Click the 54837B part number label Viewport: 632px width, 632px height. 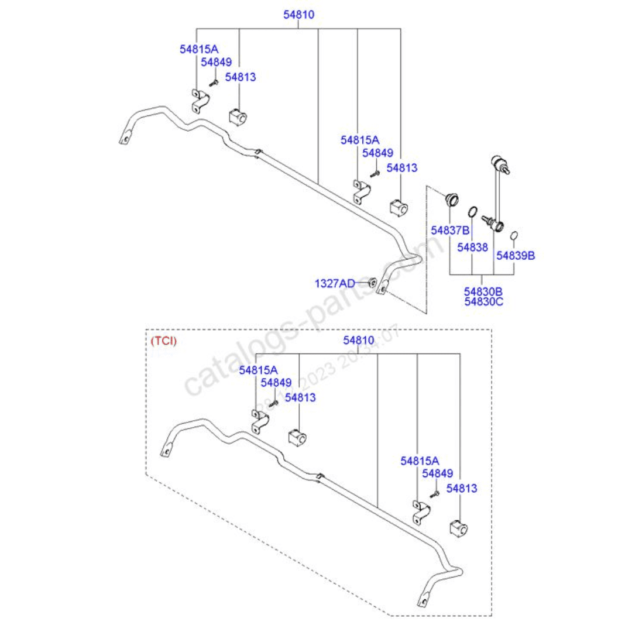click(x=450, y=230)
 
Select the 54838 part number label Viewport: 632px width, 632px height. click(x=472, y=248)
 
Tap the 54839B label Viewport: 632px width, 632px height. click(x=515, y=255)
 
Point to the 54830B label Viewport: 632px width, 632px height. click(x=483, y=291)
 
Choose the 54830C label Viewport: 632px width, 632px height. click(x=483, y=301)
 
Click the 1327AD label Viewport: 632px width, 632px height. click(x=335, y=283)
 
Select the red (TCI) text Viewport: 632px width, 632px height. click(x=163, y=340)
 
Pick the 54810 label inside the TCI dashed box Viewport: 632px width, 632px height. click(x=358, y=340)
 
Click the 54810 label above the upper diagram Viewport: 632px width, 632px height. click(x=299, y=15)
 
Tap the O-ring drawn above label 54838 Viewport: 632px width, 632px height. click(x=473, y=212)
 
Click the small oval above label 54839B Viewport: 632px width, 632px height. click(x=514, y=236)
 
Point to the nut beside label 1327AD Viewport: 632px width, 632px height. click(x=372, y=283)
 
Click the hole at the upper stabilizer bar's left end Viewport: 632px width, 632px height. click(x=125, y=140)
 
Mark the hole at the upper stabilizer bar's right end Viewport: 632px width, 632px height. click(x=384, y=289)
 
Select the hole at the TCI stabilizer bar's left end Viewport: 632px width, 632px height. click(x=166, y=451)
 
